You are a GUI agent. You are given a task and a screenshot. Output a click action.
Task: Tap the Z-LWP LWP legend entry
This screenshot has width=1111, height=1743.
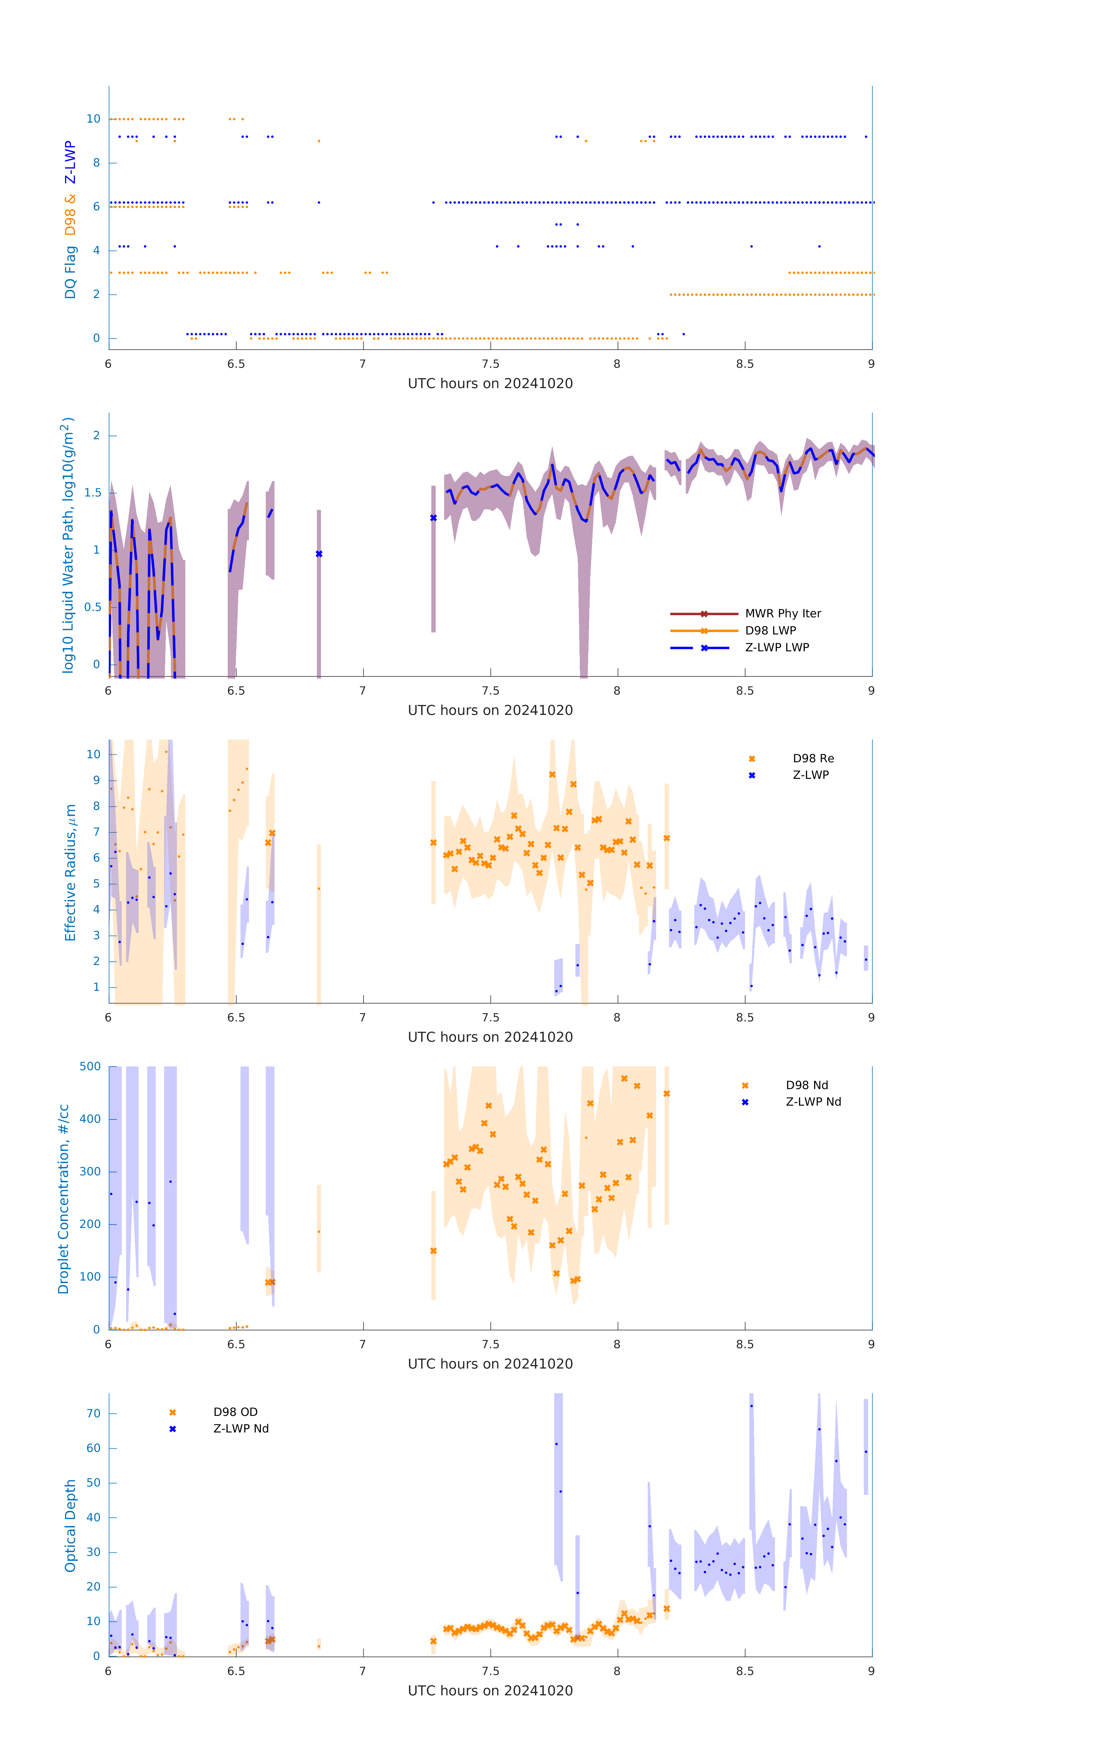[777, 648]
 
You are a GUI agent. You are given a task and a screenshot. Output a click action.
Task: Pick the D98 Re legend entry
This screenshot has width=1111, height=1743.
[813, 758]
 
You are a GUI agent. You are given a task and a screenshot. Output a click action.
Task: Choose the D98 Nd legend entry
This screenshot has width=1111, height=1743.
[806, 1086]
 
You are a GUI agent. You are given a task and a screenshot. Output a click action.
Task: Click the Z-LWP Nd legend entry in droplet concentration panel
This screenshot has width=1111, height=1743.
[813, 1102]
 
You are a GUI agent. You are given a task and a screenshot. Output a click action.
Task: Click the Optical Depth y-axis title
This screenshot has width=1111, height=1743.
[70, 1526]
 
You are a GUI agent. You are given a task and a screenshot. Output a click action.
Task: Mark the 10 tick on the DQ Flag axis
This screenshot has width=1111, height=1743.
[93, 119]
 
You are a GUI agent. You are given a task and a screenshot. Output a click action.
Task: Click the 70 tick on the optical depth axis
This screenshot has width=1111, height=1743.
[93, 1414]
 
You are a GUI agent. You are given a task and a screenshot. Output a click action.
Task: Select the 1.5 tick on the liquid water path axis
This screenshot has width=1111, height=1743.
[93, 493]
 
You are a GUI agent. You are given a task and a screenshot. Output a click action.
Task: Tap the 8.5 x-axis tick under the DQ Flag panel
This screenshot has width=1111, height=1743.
[745, 364]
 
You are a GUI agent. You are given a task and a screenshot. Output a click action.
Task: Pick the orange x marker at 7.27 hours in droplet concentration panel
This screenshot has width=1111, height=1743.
[434, 1251]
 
